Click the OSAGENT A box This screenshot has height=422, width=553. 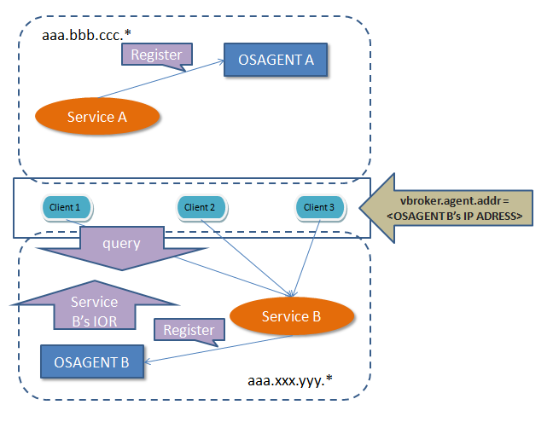276,61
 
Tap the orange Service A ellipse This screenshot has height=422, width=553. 97,118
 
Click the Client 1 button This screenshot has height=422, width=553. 66,207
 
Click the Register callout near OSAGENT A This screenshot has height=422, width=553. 155,55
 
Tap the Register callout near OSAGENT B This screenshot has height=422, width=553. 188,330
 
